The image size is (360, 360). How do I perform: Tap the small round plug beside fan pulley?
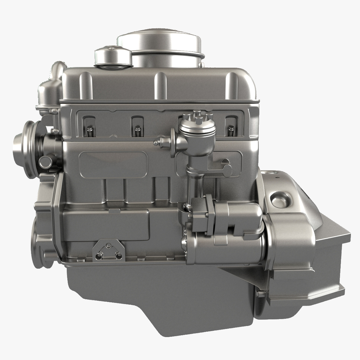46,162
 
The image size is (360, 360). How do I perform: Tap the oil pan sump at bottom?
160,293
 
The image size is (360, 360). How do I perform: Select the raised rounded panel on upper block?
113,165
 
